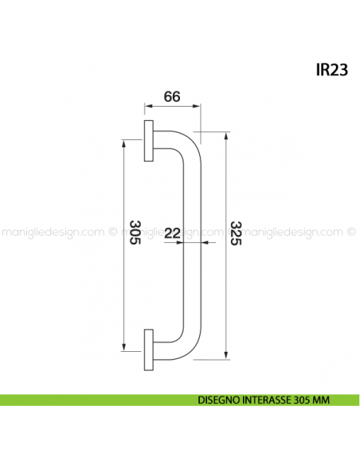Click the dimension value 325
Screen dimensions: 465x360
click(x=235, y=232)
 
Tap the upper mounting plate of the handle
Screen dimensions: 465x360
click(x=149, y=142)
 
